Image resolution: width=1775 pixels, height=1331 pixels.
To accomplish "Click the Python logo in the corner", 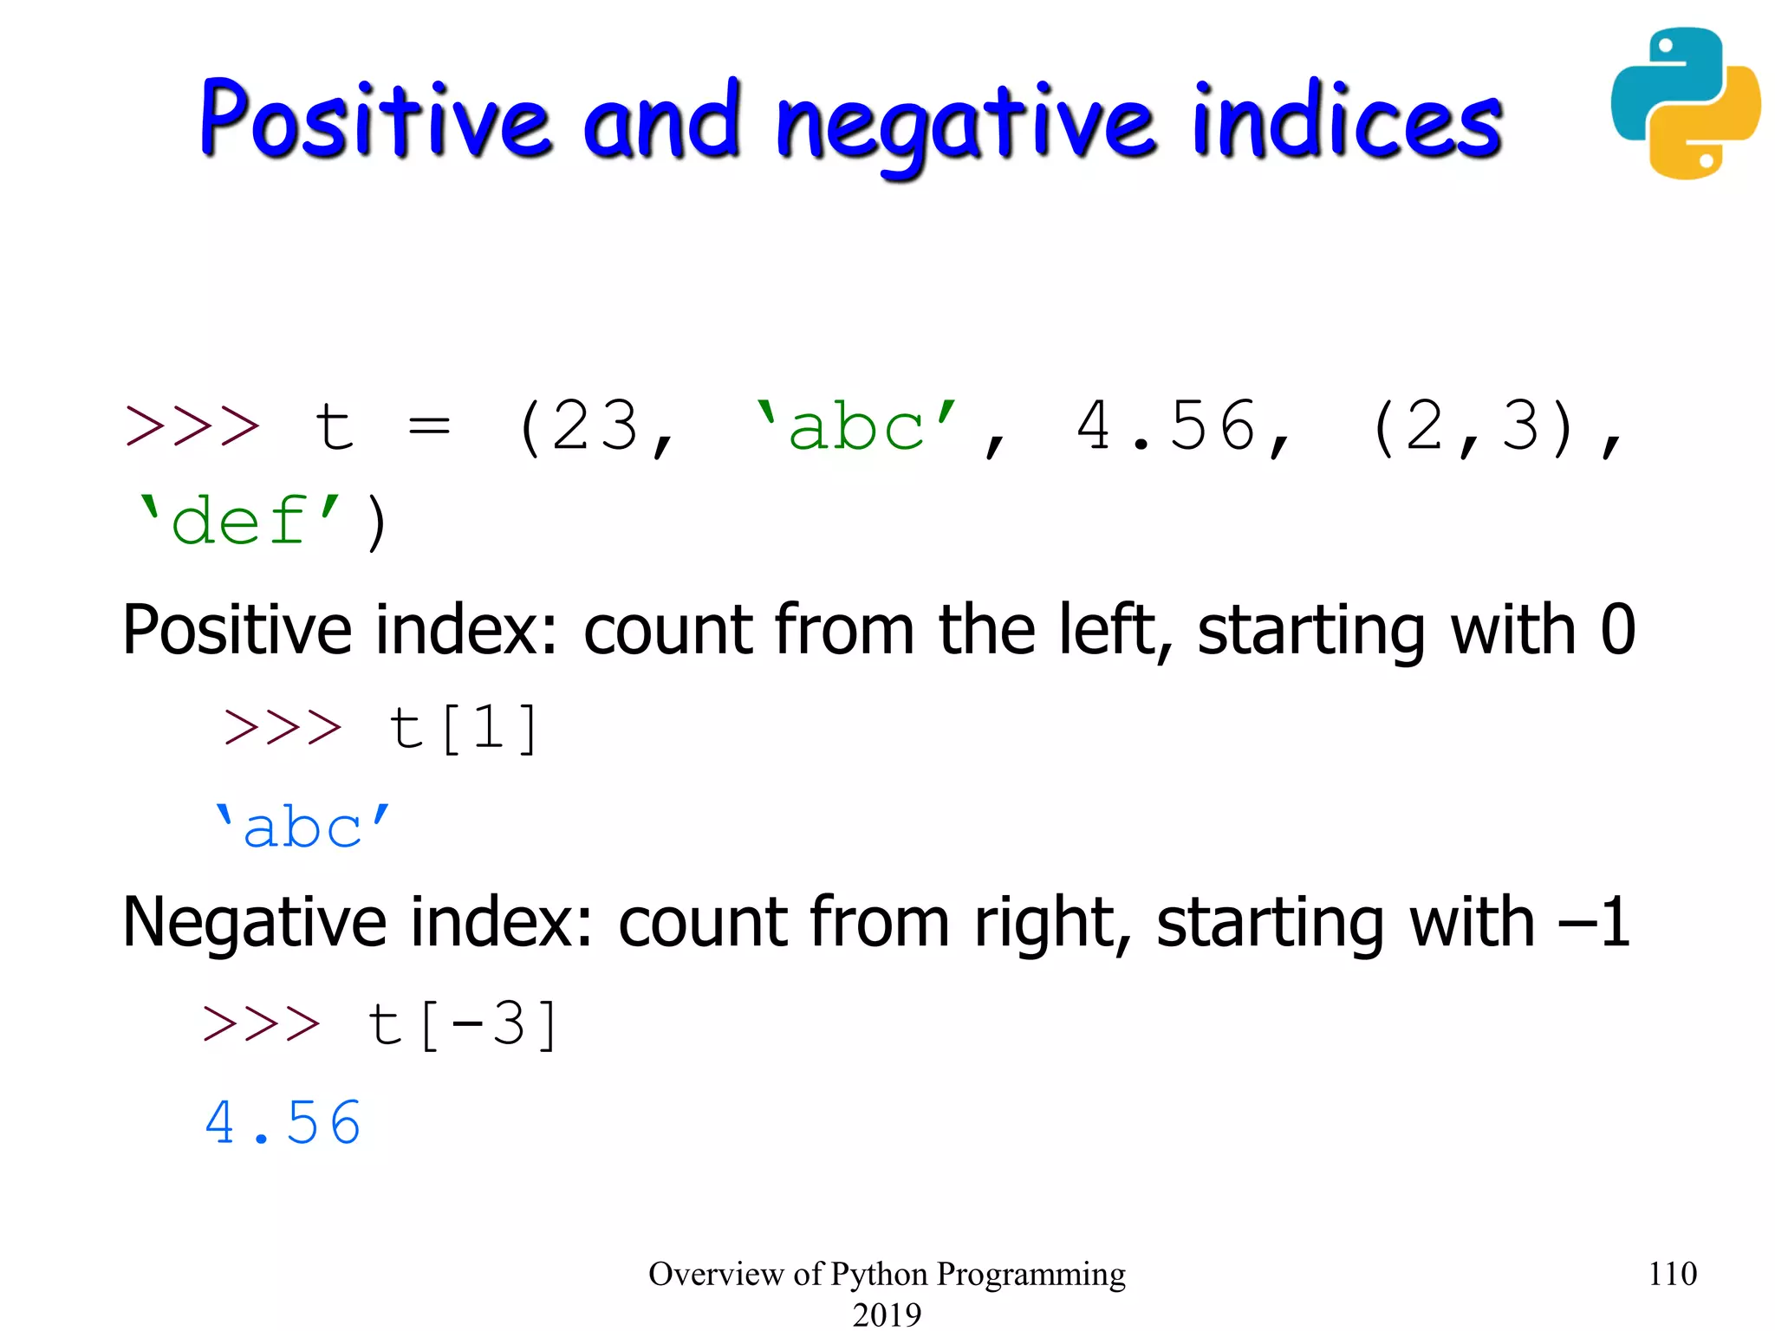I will point(1685,103).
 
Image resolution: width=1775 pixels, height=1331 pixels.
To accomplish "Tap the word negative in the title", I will point(966,126).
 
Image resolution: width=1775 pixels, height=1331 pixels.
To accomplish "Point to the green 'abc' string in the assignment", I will point(856,426).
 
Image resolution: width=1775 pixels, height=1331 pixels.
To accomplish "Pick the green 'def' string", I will point(238,522).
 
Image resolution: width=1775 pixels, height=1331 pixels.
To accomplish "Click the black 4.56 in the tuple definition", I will point(1167,426).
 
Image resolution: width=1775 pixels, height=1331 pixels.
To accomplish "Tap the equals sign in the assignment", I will point(429,426).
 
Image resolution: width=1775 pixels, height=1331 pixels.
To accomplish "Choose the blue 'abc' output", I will point(302,827).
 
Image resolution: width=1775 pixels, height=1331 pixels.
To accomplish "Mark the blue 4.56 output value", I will point(283,1123).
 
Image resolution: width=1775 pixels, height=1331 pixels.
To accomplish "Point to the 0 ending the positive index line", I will point(1617,629).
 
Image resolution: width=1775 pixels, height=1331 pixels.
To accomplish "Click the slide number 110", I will point(1672,1274).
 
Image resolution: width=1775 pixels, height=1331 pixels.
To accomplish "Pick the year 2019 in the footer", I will point(887,1314).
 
